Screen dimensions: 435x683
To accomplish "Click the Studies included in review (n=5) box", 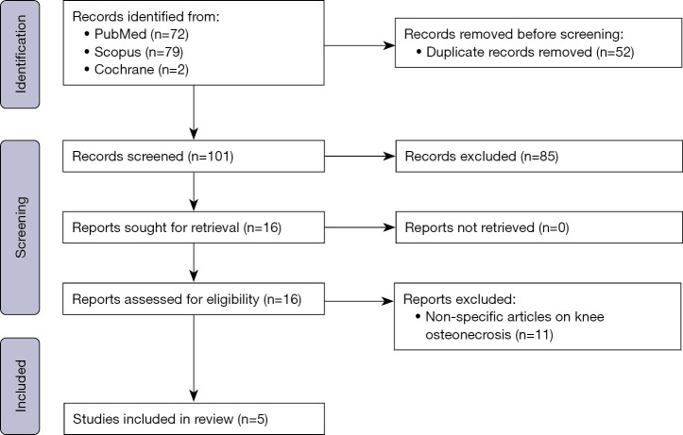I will pos(194,415).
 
